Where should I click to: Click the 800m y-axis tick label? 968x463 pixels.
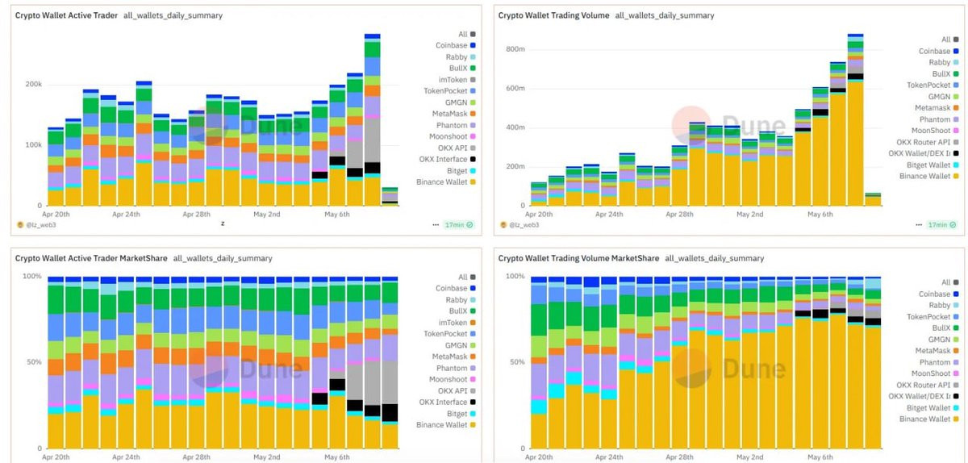pos(515,49)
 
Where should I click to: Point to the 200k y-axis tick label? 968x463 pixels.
pos(32,84)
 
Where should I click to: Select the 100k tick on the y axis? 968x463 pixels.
pos(32,145)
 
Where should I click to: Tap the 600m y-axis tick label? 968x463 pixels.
pos(515,89)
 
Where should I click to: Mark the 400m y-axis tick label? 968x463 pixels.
pos(515,127)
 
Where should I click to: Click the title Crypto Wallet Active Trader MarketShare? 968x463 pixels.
pos(91,258)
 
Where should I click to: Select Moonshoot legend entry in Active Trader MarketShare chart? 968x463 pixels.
pos(446,379)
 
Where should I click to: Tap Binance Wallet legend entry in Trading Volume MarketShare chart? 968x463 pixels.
pos(924,419)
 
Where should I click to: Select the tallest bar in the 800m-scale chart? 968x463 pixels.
pos(855,121)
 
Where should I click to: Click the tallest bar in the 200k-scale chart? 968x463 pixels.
pos(372,121)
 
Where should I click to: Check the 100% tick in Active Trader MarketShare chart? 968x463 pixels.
pos(32,277)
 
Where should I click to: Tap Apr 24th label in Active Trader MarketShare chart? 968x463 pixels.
pos(127,457)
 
